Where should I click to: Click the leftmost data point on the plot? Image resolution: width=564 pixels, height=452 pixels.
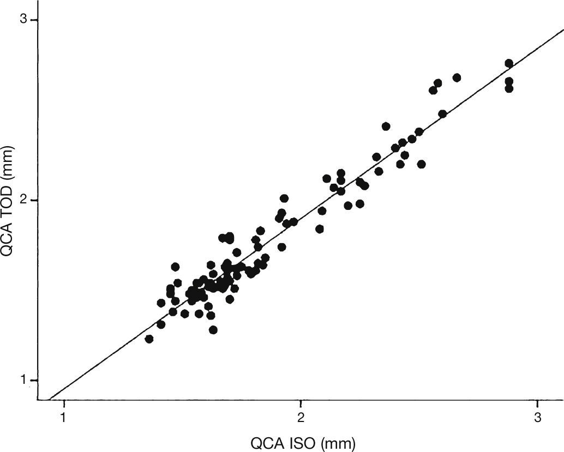pyautogui.click(x=149, y=339)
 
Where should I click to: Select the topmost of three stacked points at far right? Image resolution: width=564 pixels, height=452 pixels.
pyautogui.click(x=509, y=63)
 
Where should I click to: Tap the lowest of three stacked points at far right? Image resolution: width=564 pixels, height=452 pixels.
pyautogui.click(x=509, y=88)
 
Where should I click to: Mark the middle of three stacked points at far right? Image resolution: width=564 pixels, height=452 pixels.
pyautogui.click(x=509, y=81)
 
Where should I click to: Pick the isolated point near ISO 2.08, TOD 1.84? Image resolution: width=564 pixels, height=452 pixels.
pyautogui.click(x=320, y=229)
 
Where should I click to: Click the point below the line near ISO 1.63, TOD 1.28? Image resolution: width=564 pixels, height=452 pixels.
pyautogui.click(x=213, y=330)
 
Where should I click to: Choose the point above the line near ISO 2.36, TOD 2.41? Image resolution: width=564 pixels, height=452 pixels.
pyautogui.click(x=386, y=126)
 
